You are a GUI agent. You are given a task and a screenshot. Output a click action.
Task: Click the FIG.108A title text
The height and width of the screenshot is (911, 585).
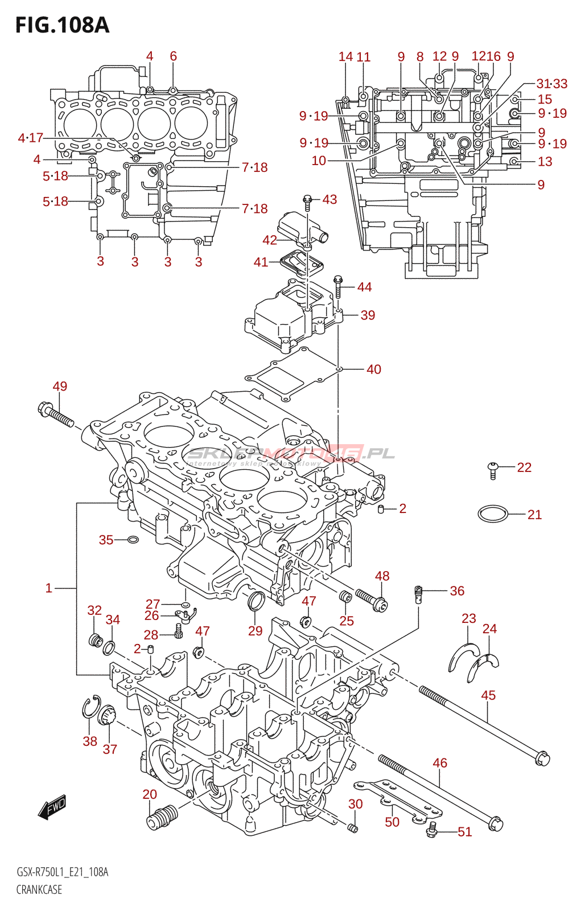click(62, 25)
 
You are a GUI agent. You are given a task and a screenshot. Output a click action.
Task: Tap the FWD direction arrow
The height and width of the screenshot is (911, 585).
click(52, 807)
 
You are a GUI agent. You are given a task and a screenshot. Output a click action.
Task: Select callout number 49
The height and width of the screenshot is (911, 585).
click(60, 386)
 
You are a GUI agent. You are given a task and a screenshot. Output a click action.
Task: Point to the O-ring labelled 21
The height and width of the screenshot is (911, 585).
click(492, 514)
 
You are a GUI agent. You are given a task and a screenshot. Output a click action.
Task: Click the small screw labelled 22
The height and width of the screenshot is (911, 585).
click(493, 470)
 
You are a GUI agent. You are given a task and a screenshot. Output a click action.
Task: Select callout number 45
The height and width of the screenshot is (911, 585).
click(488, 695)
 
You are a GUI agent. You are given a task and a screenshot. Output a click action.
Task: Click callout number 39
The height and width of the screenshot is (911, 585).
click(368, 315)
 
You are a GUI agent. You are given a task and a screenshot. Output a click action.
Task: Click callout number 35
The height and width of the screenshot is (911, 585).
click(106, 540)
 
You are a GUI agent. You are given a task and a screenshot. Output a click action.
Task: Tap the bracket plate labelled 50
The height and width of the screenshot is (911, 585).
click(398, 799)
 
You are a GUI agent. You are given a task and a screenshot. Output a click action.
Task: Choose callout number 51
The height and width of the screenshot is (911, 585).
click(465, 832)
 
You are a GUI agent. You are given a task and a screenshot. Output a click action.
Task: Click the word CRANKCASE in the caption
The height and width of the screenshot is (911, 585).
click(39, 889)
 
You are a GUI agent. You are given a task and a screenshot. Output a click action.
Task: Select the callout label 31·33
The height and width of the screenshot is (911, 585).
click(551, 84)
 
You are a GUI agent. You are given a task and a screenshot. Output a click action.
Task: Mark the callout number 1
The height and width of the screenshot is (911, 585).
click(49, 588)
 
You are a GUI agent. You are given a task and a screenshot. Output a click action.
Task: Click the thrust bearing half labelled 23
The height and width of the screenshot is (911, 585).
click(462, 655)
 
